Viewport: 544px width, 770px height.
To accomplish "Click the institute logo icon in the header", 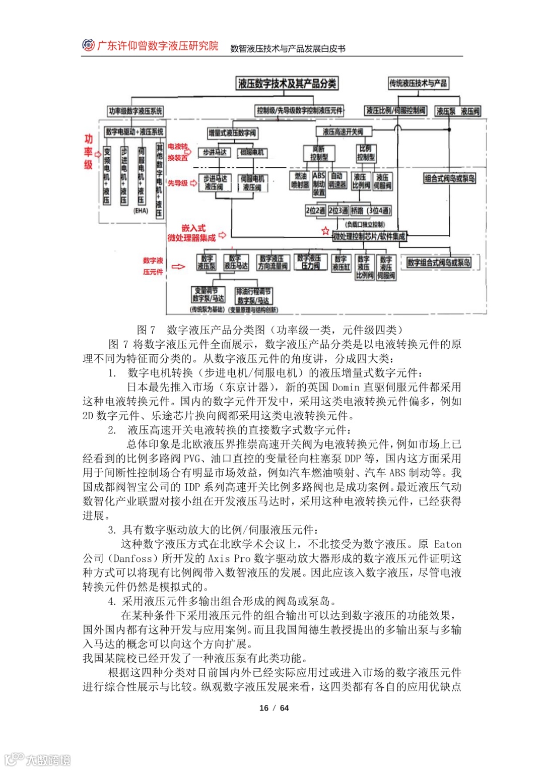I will pos(88,45).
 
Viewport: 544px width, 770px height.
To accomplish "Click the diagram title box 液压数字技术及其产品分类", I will pos(287,83).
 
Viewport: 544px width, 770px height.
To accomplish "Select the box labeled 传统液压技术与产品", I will pos(418,83).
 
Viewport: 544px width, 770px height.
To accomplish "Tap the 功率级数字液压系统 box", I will pos(135,111).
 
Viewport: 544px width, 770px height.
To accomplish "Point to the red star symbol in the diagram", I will pos(325,231).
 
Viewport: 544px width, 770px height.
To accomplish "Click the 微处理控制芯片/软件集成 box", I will pos(369,236).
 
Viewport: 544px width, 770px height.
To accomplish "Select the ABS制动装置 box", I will pos(319,183).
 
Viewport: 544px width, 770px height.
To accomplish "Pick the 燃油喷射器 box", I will pos(300,180).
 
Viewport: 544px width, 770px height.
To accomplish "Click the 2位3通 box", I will pos(338,211).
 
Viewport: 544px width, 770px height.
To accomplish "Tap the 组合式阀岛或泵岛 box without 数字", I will pos(449,178).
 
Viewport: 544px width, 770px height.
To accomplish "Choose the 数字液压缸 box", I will pos(341,263).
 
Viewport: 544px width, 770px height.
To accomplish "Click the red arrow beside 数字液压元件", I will pos(178,266).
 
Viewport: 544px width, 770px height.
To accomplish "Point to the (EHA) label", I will pos(141,211).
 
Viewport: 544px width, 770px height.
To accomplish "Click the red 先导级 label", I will pos(177,183).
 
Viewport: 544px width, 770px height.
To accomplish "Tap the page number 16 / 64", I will pos(274,708).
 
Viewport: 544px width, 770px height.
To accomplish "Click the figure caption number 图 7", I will pos(146,330).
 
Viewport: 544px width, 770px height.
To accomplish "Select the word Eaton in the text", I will pos(448,544).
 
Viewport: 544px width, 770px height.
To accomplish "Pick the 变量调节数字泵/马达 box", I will pos(208,294).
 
